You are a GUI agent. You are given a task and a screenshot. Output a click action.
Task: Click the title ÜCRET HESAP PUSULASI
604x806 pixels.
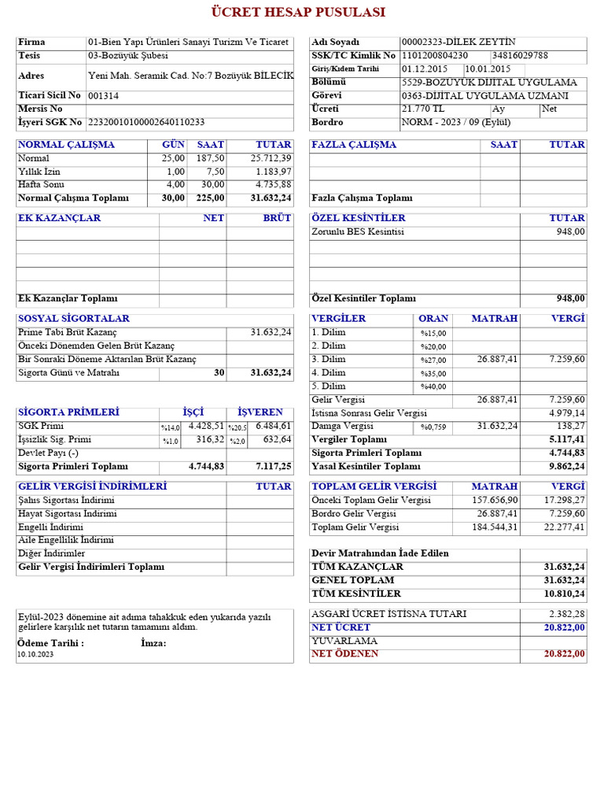[x=298, y=13]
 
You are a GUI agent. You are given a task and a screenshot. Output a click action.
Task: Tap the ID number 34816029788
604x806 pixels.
[x=520, y=56]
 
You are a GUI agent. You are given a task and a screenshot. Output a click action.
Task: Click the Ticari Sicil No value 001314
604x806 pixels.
[x=104, y=96]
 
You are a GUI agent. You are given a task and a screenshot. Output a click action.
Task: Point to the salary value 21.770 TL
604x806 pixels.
[x=423, y=109]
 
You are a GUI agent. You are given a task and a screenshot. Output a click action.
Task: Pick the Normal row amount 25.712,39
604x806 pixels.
[x=271, y=158]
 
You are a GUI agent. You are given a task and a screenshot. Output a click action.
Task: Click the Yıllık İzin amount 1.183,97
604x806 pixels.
[x=273, y=172]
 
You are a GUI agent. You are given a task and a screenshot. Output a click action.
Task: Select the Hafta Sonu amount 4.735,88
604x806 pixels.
[x=273, y=185]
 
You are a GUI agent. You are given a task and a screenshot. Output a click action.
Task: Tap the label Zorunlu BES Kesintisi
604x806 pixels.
[x=358, y=232]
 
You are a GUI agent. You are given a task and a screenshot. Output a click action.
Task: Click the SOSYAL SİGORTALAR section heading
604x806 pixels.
[x=73, y=319]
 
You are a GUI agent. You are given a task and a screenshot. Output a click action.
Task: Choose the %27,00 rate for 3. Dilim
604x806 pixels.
[x=433, y=360]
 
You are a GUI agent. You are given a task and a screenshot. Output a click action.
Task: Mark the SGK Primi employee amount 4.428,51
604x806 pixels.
[x=206, y=426]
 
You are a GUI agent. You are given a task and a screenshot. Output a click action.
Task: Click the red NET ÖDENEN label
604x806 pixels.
[x=344, y=654]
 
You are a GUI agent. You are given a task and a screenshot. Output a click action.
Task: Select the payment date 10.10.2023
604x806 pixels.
[x=35, y=655]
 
